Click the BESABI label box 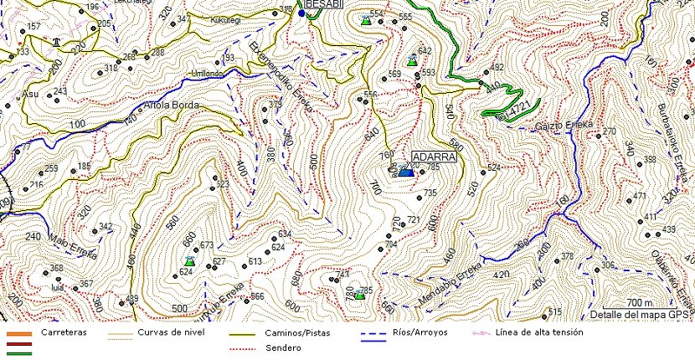pos(325,5)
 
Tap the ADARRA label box pos(434,157)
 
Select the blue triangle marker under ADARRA pos(406,172)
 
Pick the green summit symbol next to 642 pos(411,61)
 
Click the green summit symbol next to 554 pos(366,20)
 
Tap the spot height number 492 pos(497,68)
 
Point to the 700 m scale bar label pos(638,302)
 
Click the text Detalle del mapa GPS pos(638,315)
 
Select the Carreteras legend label pos(64,332)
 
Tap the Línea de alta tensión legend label pos(540,332)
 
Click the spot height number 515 pos(555,312)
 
